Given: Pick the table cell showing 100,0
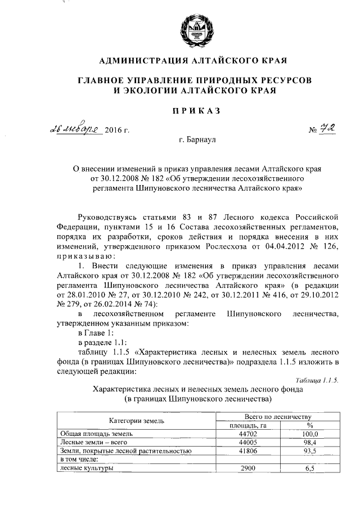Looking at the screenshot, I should tap(309, 434).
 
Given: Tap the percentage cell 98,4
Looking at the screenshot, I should tap(309, 443).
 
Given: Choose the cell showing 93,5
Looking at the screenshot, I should tap(309, 451).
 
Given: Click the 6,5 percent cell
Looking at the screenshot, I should tap(309, 468).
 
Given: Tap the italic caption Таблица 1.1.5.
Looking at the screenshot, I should tap(316, 381).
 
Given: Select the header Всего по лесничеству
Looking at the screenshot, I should tap(278, 416).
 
